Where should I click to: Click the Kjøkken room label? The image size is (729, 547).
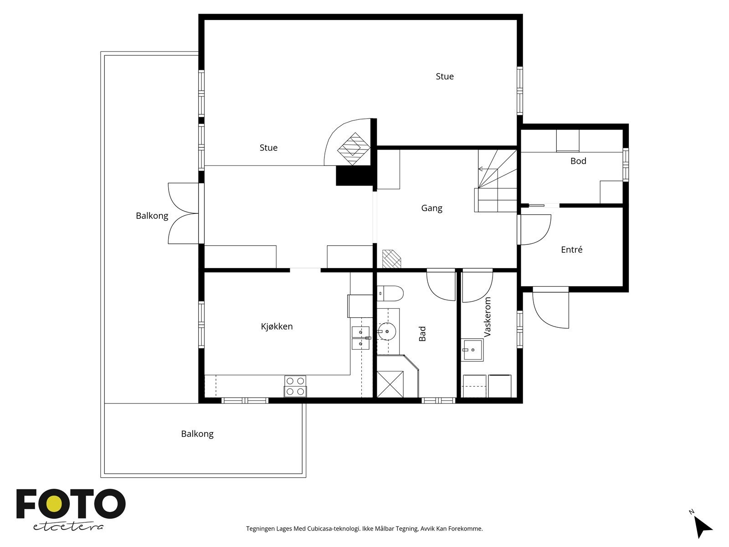coord(277,326)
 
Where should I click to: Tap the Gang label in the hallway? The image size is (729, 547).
coord(431,208)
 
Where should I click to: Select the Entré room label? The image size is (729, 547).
coord(571,249)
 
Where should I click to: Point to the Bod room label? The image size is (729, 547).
coord(578,161)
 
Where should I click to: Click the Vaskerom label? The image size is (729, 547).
coord(487,317)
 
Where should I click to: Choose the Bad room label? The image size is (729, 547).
coord(422,334)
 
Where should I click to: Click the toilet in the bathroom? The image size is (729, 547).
coord(390,293)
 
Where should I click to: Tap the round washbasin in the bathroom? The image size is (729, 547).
coord(386,331)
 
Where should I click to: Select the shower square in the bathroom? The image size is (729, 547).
coord(390,384)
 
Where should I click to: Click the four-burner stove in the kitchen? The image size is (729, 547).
coord(295,386)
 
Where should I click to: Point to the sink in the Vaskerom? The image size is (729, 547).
coord(472,350)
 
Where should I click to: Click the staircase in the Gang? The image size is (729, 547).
coord(496,181)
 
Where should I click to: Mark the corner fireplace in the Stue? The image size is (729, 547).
coord(348,142)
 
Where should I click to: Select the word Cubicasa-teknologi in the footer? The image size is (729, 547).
coord(334,529)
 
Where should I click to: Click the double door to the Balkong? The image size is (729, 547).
coord(183,213)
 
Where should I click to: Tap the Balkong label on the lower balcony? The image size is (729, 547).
coord(197,434)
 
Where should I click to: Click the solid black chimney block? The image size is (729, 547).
coord(354,175)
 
